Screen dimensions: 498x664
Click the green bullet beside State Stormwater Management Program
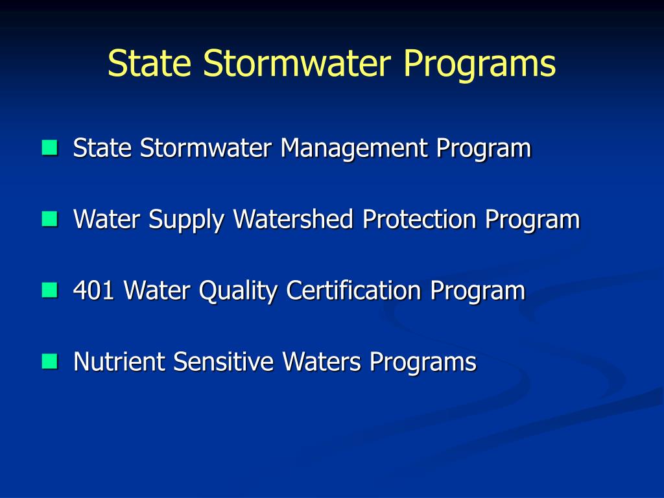[49, 148]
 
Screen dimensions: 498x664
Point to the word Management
[354, 149]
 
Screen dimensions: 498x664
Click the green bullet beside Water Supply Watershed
[49, 219]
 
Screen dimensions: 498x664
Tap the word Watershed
[293, 219]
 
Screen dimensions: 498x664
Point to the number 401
[95, 290]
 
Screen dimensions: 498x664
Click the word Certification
[354, 290]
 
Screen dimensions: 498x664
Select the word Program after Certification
[477, 291]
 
